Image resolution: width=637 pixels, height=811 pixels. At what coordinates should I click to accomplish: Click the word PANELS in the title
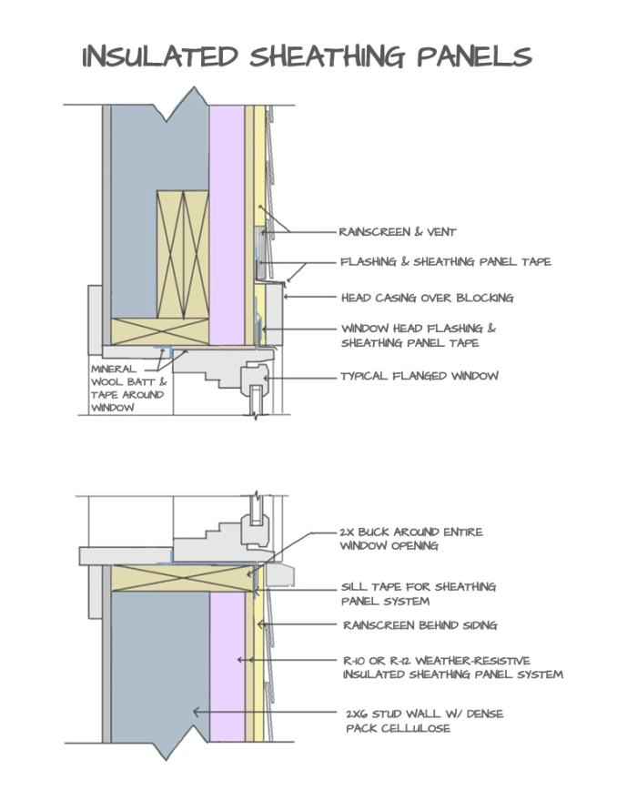[473, 56]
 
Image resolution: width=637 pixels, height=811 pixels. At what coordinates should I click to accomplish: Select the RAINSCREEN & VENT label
[398, 232]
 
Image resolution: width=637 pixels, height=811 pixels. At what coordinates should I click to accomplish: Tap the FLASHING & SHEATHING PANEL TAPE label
[445, 262]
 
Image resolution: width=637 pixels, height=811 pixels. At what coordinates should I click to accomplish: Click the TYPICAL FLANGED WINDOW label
[420, 376]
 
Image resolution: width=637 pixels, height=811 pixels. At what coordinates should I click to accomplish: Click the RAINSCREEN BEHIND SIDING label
[420, 625]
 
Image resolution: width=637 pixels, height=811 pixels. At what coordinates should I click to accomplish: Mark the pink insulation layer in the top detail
[227, 228]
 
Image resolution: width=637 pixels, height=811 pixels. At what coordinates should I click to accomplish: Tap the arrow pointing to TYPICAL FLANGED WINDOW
[300, 376]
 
